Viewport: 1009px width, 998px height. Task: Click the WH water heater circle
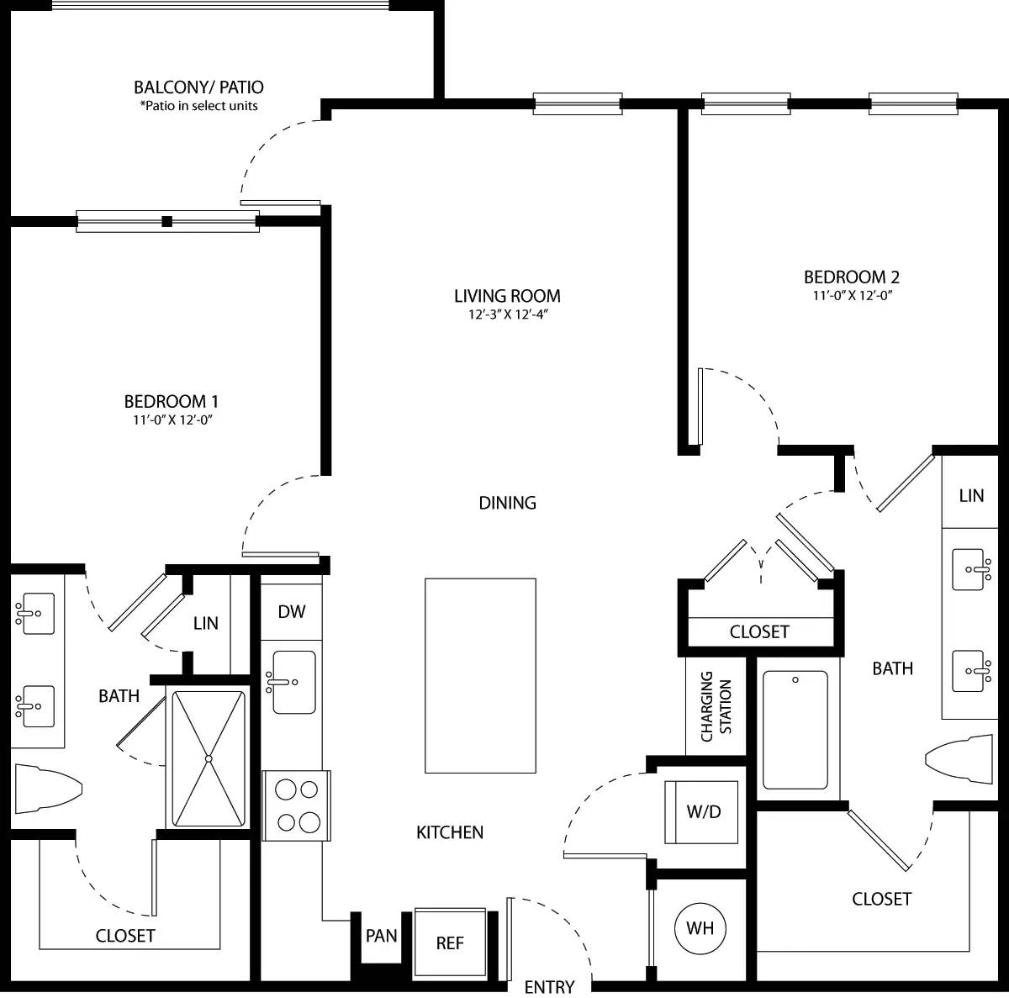(x=700, y=928)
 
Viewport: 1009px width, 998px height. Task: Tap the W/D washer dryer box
(x=702, y=812)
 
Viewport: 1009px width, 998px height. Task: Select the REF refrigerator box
(x=450, y=943)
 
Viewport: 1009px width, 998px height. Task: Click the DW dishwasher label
(x=292, y=611)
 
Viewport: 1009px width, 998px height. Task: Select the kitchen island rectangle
(x=480, y=675)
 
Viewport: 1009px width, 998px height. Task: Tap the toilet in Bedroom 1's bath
(x=46, y=789)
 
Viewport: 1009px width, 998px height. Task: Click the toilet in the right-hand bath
(x=960, y=760)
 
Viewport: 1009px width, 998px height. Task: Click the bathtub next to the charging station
(x=795, y=730)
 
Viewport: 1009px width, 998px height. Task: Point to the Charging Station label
(x=716, y=706)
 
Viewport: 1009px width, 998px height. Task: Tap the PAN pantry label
(x=381, y=936)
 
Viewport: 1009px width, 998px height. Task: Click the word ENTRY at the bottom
(x=549, y=986)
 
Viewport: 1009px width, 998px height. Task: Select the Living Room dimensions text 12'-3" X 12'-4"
(x=507, y=314)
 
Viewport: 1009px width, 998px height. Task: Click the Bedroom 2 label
(x=851, y=277)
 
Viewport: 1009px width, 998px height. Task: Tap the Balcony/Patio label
(x=198, y=87)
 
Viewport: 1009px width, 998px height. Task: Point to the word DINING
(x=507, y=503)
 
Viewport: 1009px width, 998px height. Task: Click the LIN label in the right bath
(x=971, y=495)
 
